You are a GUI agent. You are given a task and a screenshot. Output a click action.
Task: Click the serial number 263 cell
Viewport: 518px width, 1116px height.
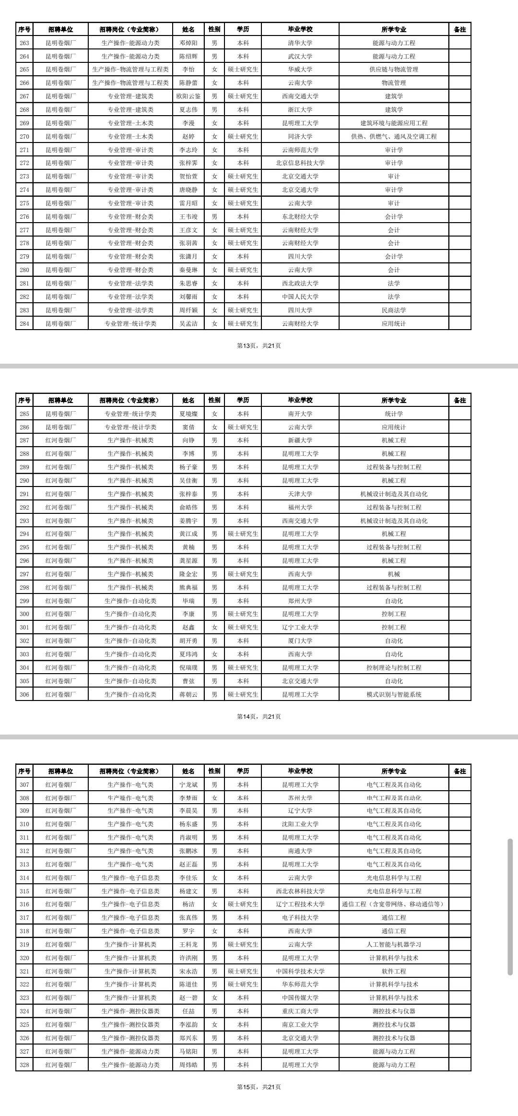[24, 43]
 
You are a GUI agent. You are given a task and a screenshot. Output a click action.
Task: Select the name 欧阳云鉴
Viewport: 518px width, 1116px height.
[188, 96]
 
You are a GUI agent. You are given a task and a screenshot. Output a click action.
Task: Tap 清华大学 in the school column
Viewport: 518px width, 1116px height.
[300, 43]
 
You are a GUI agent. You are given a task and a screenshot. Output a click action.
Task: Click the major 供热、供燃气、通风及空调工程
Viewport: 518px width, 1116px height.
[394, 137]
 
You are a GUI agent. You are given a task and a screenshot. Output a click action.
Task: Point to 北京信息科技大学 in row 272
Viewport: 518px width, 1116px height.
[300, 163]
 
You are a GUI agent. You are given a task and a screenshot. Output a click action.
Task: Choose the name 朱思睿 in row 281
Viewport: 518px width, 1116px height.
[188, 284]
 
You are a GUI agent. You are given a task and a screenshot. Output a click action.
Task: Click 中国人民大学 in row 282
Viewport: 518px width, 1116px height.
[300, 297]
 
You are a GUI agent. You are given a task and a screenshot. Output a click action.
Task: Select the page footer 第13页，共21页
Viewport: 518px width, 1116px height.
[259, 345]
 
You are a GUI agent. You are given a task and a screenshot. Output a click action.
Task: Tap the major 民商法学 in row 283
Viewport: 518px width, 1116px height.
[394, 310]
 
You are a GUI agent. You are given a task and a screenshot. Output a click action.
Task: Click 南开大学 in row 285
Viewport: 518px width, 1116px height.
[300, 414]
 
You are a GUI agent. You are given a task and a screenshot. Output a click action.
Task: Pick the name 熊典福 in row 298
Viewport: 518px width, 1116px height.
[188, 587]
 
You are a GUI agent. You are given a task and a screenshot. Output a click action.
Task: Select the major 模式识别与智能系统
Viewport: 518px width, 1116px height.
[394, 694]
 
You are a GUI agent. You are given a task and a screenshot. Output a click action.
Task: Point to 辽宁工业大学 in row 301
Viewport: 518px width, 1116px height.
[300, 627]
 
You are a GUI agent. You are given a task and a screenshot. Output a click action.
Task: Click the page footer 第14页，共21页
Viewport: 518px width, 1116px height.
[259, 716]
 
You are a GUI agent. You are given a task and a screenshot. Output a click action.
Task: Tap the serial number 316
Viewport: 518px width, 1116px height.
[24, 904]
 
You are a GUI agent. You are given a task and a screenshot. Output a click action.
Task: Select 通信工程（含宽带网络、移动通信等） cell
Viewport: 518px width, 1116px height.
[394, 904]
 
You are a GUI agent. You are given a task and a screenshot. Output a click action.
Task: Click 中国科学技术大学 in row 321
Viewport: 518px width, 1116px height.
[300, 971]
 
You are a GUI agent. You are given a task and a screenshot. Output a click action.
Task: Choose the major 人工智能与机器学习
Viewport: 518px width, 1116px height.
[394, 944]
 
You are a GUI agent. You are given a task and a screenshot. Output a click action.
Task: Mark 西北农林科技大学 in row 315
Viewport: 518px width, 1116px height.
[300, 891]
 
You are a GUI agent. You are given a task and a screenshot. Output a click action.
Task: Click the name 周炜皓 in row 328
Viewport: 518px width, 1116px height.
[188, 1065]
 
